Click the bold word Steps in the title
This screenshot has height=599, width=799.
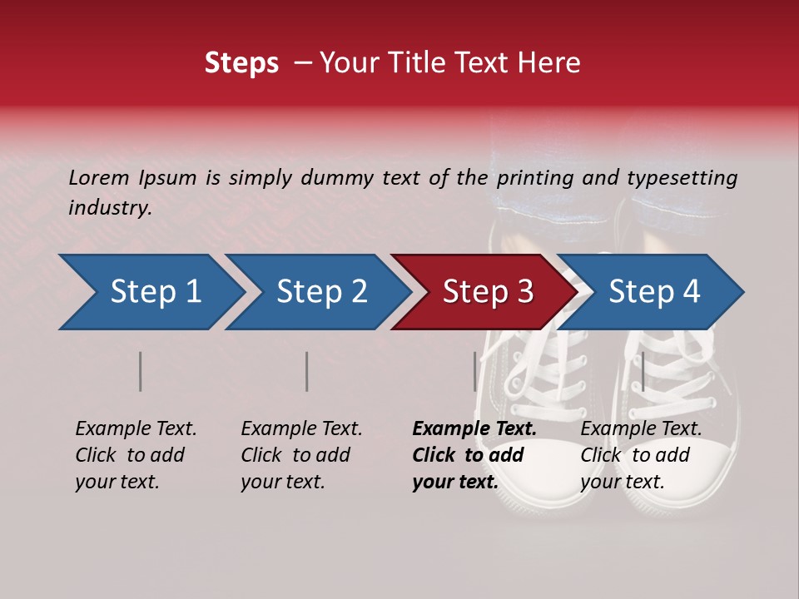tap(241, 63)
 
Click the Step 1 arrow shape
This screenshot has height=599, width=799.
tap(150, 292)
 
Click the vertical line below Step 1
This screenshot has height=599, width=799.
tap(141, 371)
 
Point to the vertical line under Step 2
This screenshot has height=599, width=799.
tap(307, 371)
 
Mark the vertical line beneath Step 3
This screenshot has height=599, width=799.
tap(475, 371)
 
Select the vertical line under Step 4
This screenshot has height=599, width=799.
tap(643, 371)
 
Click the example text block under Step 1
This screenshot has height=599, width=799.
tap(135, 455)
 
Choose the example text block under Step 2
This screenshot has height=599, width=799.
tap(300, 455)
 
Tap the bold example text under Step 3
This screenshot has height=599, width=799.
tap(474, 455)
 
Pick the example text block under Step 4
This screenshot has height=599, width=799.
tap(640, 455)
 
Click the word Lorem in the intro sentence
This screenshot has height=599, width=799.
tap(98, 177)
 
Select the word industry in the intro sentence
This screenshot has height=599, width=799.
tap(109, 208)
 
